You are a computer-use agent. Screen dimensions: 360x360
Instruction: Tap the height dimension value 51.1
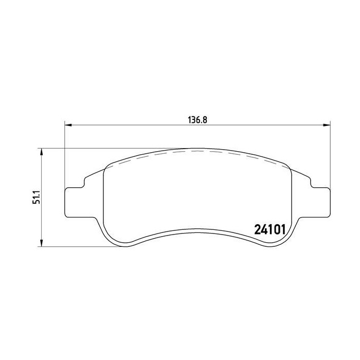tap(36, 197)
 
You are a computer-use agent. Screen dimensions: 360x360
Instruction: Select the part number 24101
tap(270, 228)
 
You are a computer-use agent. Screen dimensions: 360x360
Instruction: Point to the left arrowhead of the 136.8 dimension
tap(68, 124)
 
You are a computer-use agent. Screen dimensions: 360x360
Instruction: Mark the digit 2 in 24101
tap(258, 228)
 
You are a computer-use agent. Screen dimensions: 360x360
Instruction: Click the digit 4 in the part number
tap(264, 228)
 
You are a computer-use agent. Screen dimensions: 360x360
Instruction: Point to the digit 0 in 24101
tap(276, 228)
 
